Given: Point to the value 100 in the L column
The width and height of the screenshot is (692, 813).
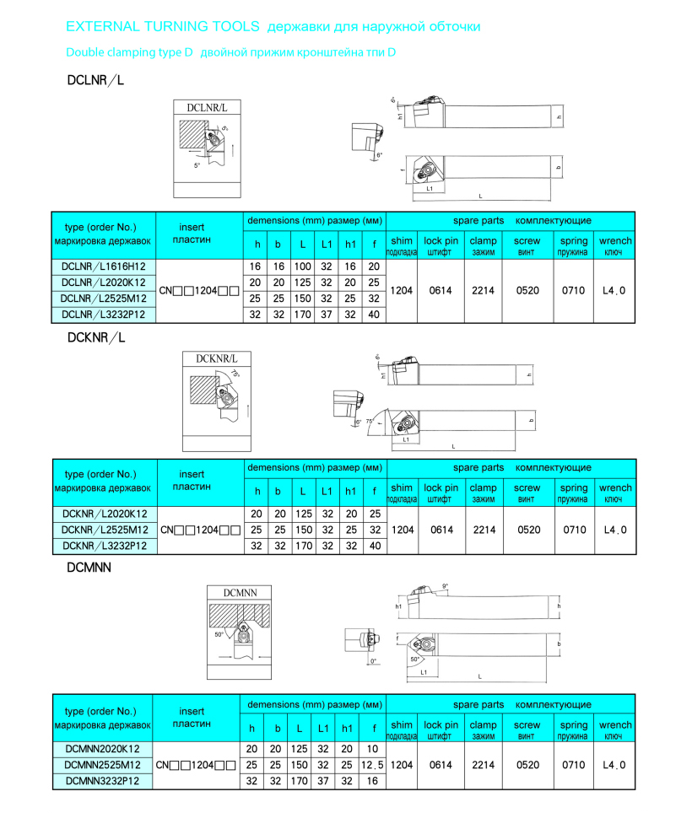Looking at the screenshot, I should click(302, 266).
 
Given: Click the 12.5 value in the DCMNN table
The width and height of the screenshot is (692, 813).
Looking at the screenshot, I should click(373, 765).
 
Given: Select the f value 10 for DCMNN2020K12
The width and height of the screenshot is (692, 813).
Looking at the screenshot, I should click(373, 749).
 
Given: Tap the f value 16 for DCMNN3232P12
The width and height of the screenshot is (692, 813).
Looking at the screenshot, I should click(373, 781).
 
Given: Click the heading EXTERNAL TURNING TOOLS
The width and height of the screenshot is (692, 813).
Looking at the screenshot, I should click(163, 27).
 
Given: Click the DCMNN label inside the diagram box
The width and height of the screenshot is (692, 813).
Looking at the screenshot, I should click(241, 593).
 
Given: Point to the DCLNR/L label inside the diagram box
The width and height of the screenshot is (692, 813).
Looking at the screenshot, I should click(207, 108).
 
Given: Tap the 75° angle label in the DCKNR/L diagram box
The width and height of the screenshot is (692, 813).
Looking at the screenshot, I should click(235, 373).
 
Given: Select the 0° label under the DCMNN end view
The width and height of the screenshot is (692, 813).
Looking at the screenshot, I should click(374, 660).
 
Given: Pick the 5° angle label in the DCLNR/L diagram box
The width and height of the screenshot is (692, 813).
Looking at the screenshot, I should click(197, 165).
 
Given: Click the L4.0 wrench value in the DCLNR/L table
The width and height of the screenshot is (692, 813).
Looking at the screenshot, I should click(614, 290).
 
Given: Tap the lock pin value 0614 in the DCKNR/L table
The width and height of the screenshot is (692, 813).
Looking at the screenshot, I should click(441, 530).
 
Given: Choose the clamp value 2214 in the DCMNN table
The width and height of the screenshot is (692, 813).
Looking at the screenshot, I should click(484, 765).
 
